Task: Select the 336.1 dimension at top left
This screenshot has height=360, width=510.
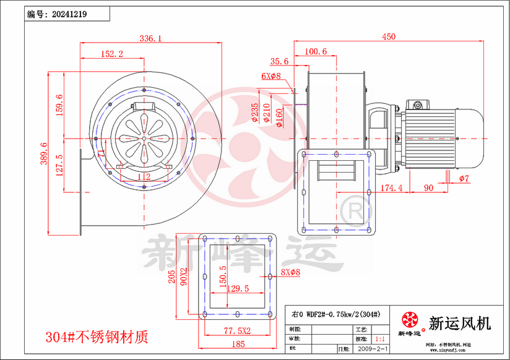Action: pos(150,38)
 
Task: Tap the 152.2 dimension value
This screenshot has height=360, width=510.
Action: pos(111,54)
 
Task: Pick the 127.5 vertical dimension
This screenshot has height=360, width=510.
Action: pos(59,166)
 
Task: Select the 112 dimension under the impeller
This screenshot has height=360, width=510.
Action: pos(144,177)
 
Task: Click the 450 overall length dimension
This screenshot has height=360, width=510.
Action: pos(388,37)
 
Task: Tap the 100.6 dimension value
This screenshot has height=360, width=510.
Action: pos(316,52)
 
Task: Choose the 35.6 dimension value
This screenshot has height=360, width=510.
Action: pos(280,61)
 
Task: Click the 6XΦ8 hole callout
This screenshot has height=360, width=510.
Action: pos(270,76)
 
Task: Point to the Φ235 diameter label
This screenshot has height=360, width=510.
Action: pos(256,113)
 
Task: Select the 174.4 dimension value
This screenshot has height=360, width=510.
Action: pos(391,187)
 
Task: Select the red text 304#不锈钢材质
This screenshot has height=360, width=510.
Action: pos(97,337)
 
